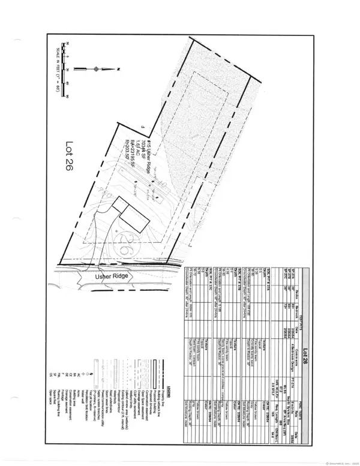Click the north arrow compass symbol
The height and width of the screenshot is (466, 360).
point(97,69)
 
